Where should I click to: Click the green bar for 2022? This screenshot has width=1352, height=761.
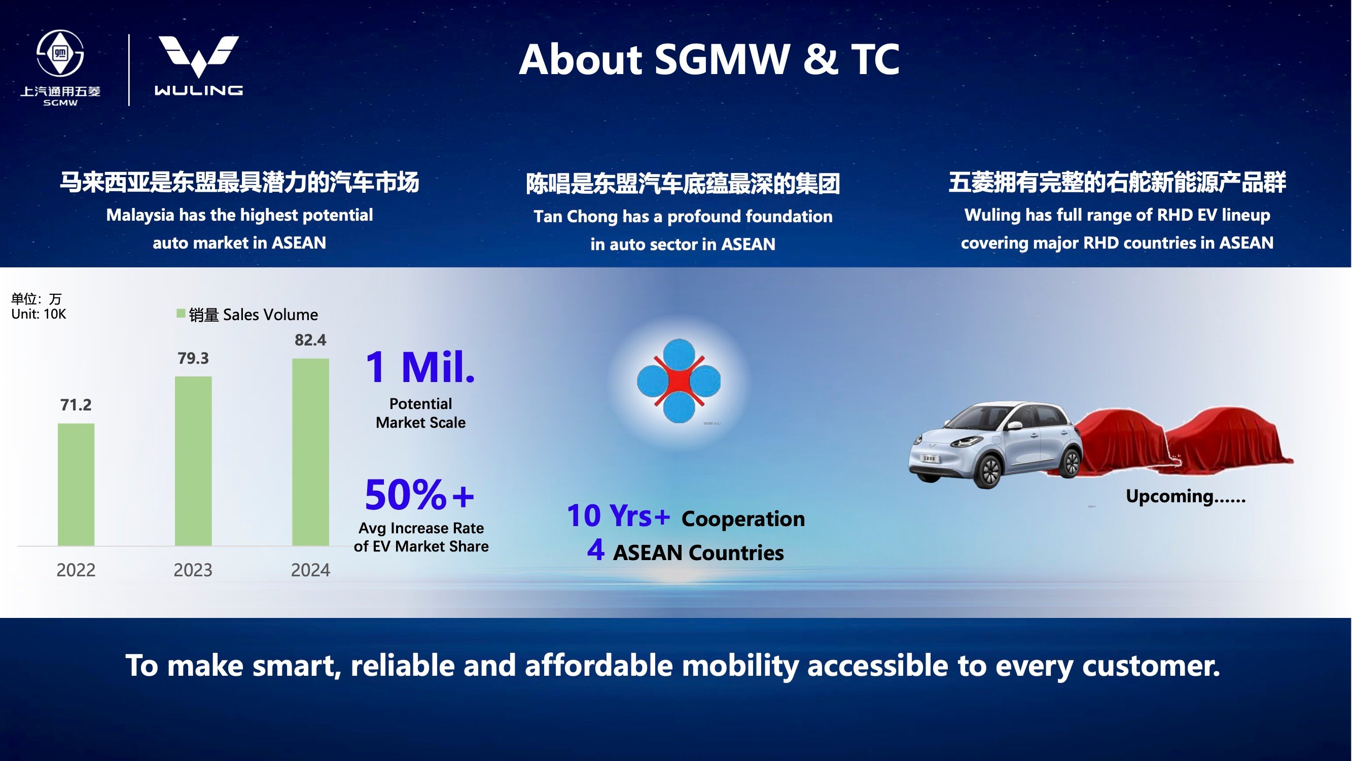click(76, 485)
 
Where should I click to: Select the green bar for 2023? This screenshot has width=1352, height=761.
click(193, 461)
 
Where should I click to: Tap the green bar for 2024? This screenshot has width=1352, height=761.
click(311, 452)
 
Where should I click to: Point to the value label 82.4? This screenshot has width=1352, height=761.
click(310, 340)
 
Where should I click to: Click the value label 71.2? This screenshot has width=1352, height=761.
click(76, 405)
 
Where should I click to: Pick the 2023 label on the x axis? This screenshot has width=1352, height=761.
click(193, 570)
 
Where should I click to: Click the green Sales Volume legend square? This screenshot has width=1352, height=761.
click(181, 314)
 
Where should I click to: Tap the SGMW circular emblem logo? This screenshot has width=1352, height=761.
click(60, 53)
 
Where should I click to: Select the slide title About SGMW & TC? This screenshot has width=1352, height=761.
click(709, 59)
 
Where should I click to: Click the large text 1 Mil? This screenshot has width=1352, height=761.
click(420, 367)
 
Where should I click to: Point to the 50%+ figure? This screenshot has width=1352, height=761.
click(419, 495)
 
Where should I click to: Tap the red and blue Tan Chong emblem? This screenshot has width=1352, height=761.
click(679, 381)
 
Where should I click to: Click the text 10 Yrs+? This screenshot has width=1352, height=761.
click(618, 516)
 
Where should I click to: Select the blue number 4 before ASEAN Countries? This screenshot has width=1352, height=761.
click(596, 550)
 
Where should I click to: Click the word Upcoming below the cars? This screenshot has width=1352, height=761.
click(1169, 497)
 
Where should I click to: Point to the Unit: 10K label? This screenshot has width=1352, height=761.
click(39, 314)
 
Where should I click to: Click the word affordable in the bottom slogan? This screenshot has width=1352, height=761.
click(598, 666)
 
